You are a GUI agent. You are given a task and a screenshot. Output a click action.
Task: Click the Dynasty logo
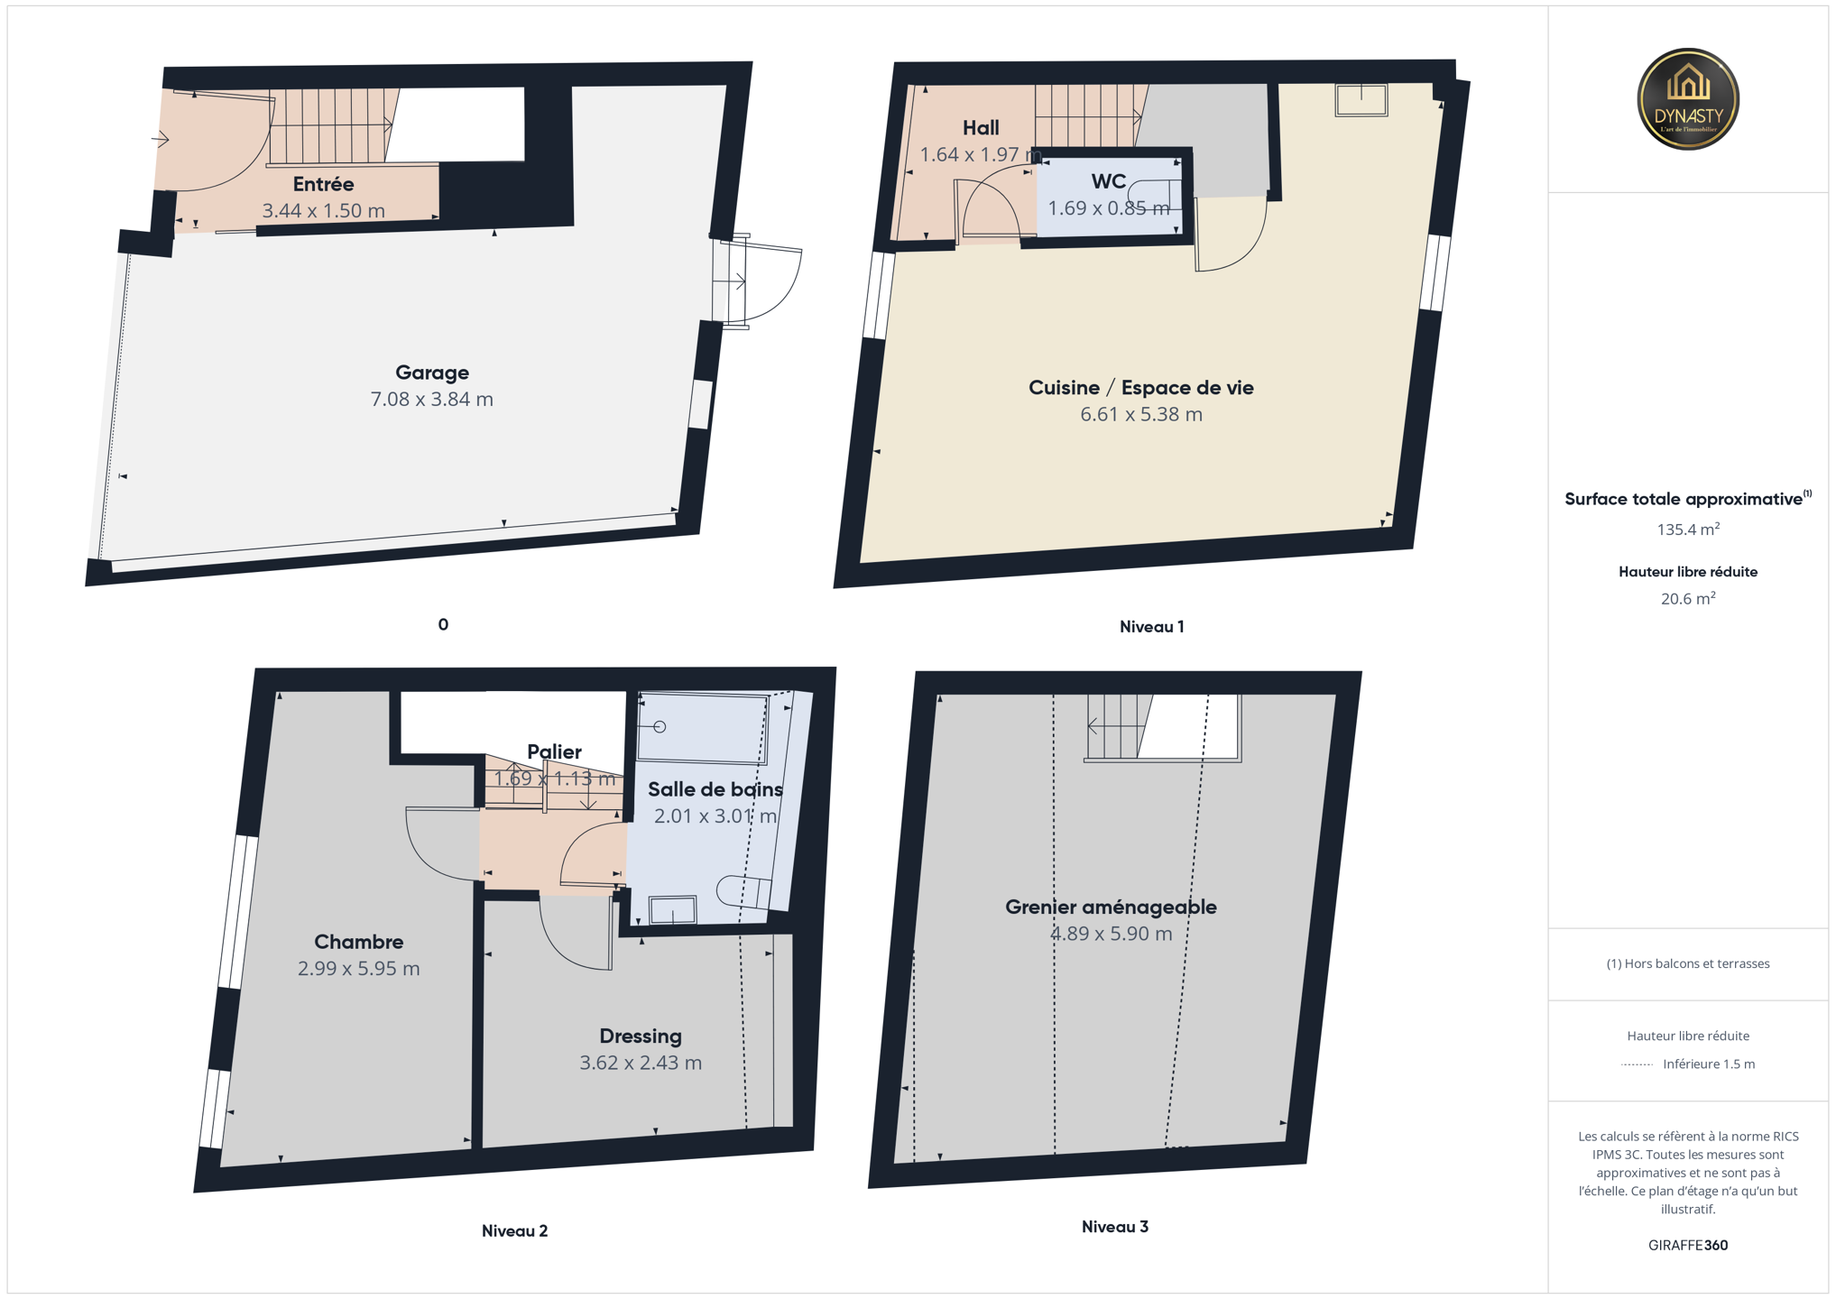[1687, 99]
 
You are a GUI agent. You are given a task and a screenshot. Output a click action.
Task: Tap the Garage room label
[432, 373]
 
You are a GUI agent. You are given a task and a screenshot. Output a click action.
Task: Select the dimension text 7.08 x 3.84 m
[432, 399]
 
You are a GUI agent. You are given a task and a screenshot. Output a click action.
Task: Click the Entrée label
[323, 184]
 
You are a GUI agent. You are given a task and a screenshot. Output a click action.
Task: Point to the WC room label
[1109, 181]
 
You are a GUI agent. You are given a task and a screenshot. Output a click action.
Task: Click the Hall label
[981, 128]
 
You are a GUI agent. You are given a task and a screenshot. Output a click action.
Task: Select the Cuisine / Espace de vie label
[1141, 388]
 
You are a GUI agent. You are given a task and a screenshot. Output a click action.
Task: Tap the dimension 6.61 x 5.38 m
[1141, 414]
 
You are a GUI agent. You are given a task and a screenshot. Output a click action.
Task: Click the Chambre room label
[358, 942]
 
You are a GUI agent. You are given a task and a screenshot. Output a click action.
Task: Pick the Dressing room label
[641, 1036]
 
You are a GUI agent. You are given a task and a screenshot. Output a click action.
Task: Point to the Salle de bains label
[715, 789]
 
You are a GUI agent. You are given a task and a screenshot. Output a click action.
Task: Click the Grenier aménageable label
[1111, 907]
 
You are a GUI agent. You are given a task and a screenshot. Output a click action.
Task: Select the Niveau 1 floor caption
[1151, 627]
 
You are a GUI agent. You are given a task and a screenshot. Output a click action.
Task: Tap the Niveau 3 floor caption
[1115, 1227]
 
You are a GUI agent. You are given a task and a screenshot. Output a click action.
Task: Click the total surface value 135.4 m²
[1688, 530]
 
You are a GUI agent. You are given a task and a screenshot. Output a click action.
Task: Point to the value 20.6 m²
[1688, 598]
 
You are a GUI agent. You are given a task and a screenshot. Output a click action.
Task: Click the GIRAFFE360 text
[1688, 1246]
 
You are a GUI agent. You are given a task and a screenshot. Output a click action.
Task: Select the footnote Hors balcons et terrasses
[1688, 963]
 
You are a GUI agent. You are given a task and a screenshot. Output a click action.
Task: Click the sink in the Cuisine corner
[1361, 100]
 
